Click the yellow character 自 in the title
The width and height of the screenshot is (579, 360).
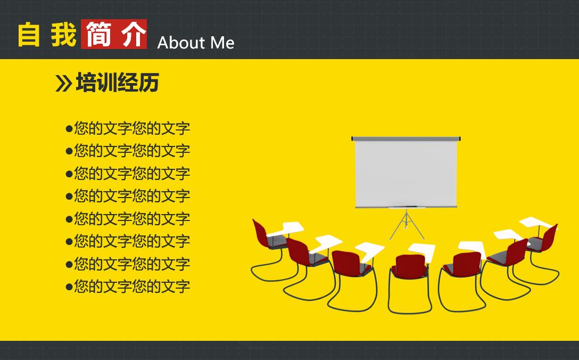[29, 35]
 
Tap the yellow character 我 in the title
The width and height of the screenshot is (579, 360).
[64, 35]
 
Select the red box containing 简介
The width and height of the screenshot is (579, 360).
[114, 35]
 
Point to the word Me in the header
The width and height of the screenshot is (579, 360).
[222, 43]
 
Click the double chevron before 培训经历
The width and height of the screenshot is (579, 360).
[63, 84]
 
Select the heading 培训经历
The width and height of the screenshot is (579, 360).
[117, 83]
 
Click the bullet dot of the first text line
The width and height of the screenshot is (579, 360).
[69, 128]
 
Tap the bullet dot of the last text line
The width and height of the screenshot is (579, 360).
[69, 287]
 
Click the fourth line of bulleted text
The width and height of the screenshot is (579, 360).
[131, 196]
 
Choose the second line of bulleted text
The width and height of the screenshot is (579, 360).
[131, 151]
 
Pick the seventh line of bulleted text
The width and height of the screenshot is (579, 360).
[131, 264]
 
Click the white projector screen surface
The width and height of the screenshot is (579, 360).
[406, 173]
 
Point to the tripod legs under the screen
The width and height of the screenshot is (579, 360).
[407, 225]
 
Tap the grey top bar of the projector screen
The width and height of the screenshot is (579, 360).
[406, 139]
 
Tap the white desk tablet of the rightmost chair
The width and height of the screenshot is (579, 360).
[536, 222]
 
